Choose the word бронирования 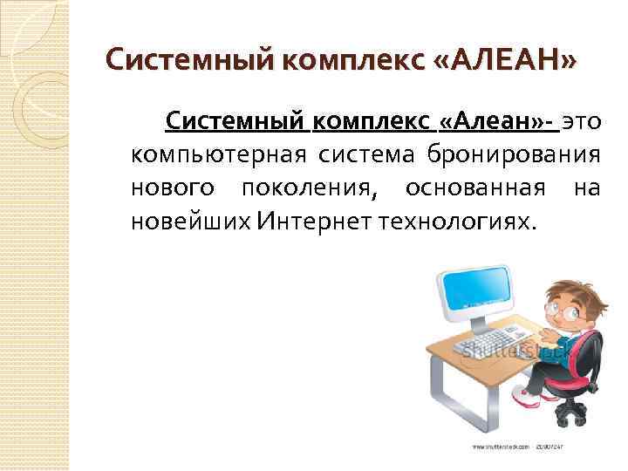[513, 155]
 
